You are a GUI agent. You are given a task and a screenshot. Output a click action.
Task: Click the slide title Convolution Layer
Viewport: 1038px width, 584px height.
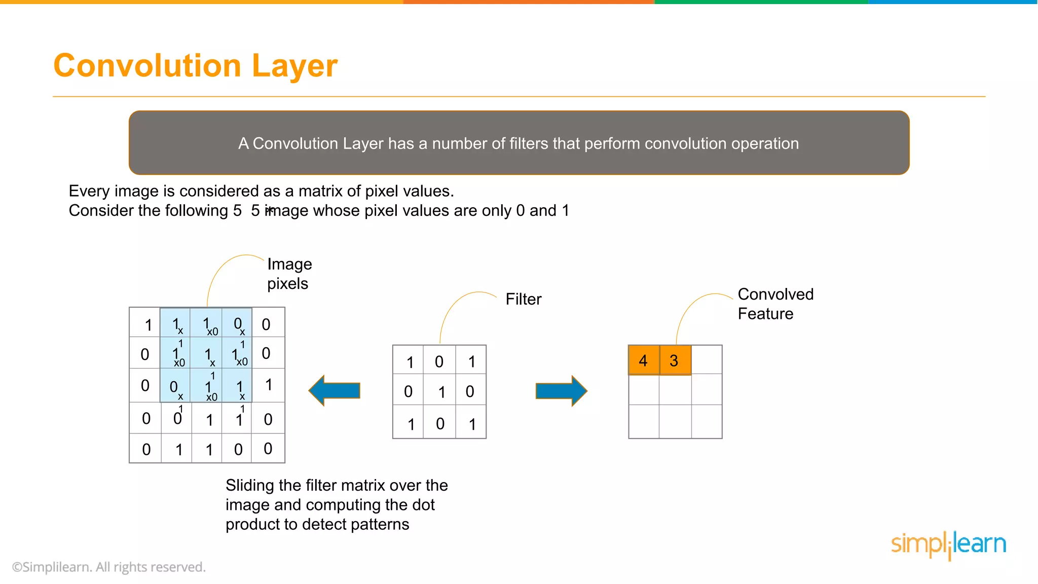coord(195,66)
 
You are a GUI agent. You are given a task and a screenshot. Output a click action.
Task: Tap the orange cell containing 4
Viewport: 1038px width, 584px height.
coord(644,360)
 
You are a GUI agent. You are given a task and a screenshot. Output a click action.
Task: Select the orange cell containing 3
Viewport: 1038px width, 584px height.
coord(675,360)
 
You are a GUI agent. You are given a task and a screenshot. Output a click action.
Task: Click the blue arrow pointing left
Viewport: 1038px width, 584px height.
coord(335,390)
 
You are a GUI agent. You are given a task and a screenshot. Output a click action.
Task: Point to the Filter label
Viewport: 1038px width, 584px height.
coord(523,299)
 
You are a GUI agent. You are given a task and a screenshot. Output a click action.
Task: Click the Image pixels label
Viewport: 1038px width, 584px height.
coord(289,274)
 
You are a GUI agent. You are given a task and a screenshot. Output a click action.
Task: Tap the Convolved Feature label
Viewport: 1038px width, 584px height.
coord(775,304)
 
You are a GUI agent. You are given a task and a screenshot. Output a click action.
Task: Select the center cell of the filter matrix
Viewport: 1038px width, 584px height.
coord(439,391)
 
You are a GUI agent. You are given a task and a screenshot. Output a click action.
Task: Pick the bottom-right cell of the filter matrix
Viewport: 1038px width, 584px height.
coord(471,423)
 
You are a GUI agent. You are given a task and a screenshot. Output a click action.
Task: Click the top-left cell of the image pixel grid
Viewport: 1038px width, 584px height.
coord(145,323)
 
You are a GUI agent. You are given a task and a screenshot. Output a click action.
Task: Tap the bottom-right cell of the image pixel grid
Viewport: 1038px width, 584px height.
coord(268,448)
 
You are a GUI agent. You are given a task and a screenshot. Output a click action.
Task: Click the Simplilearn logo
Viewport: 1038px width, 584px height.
coord(948,544)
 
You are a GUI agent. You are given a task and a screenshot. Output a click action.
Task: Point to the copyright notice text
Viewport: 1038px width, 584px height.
coord(109,567)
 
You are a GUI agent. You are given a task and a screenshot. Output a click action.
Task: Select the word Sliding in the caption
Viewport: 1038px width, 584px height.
coord(250,485)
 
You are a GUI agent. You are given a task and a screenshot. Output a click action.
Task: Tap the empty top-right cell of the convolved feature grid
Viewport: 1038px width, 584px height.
coord(707,360)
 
